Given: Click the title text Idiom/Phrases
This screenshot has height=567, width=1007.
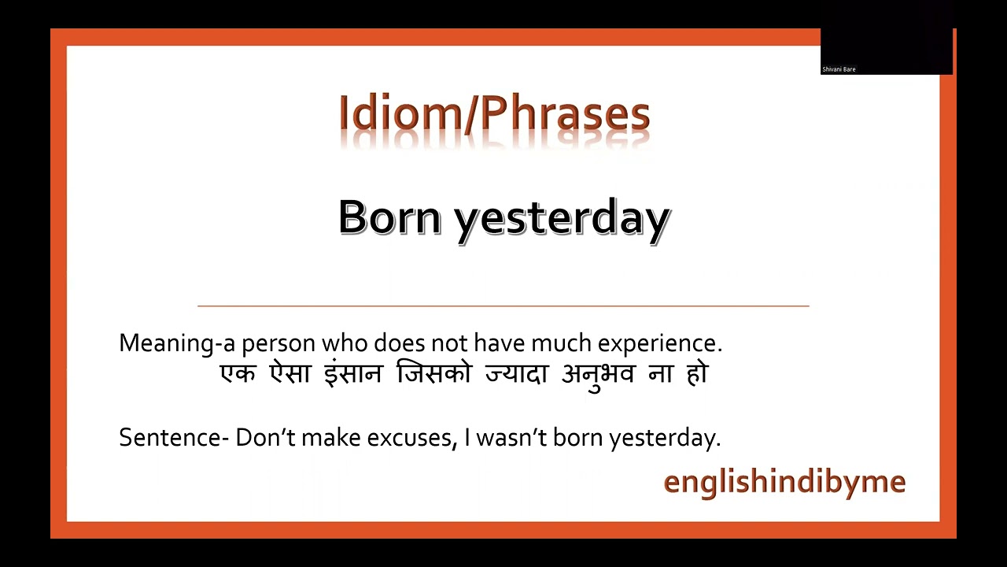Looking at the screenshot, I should [494, 114].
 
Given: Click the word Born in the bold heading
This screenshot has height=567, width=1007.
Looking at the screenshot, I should [389, 217].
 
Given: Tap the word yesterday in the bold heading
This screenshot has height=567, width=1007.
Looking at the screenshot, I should [562, 219].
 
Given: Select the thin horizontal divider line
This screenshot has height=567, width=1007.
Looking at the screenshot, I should [503, 305].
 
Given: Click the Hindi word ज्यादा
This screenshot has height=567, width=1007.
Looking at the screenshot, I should [516, 373].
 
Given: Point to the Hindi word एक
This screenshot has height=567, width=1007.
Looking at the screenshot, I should [238, 373].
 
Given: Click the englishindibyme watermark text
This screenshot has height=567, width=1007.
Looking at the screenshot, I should [784, 481].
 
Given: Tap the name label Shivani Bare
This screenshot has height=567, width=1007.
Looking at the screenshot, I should [839, 69].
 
